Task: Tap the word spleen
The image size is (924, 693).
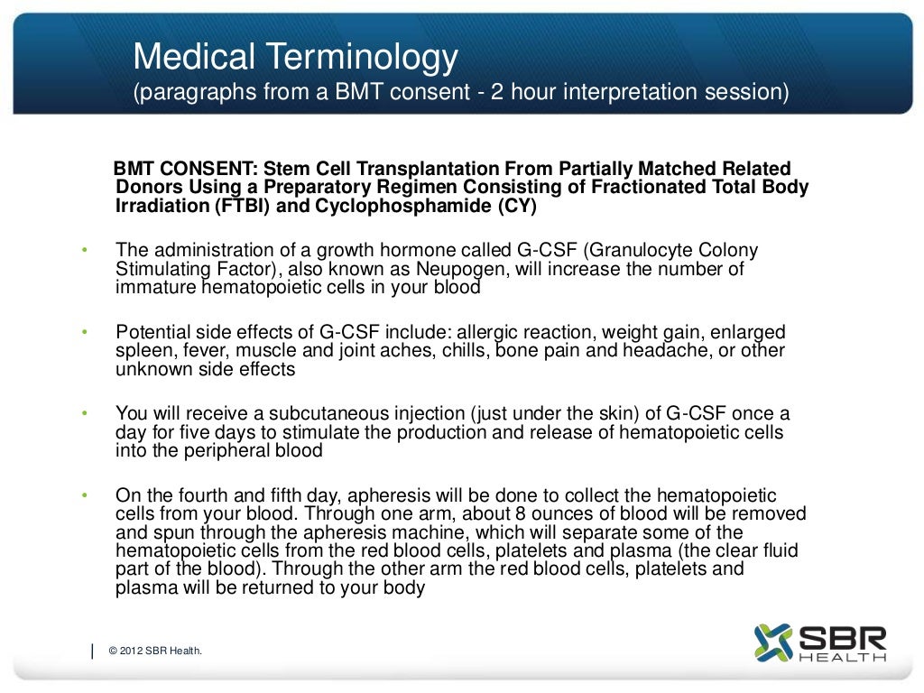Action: point(141,350)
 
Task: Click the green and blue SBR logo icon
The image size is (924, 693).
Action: point(772,642)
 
